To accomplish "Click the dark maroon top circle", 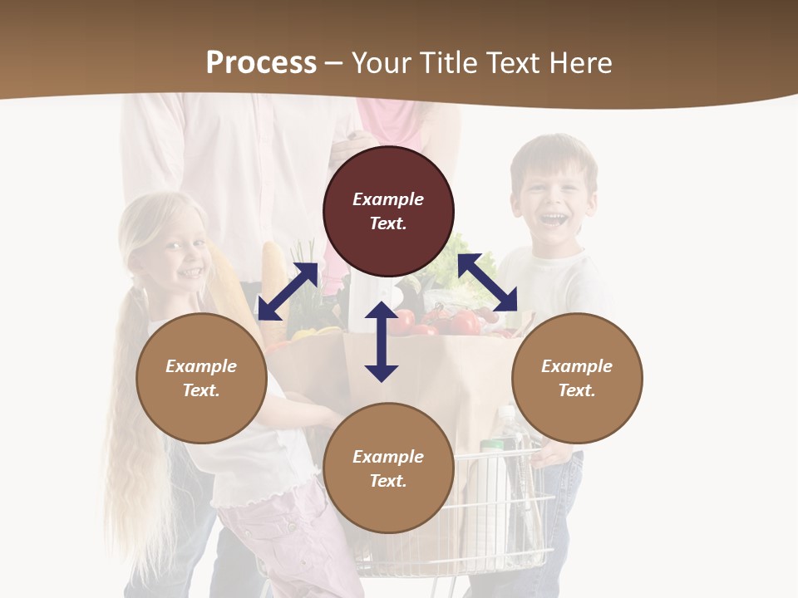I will click(x=388, y=211).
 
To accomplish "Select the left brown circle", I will click(x=201, y=378).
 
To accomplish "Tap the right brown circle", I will click(x=577, y=378).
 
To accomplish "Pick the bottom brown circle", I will click(x=388, y=468).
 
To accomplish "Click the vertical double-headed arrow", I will click(x=382, y=341).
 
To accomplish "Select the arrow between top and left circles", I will click(x=288, y=292).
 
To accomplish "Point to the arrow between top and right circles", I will click(x=488, y=282).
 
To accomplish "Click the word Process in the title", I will click(x=261, y=63).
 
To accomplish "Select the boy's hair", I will click(x=553, y=154).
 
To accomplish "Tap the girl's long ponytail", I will click(x=125, y=415).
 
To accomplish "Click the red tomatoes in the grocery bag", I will click(x=453, y=322).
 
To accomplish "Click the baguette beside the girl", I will click(x=274, y=274).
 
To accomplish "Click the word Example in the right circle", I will click(x=577, y=366).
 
